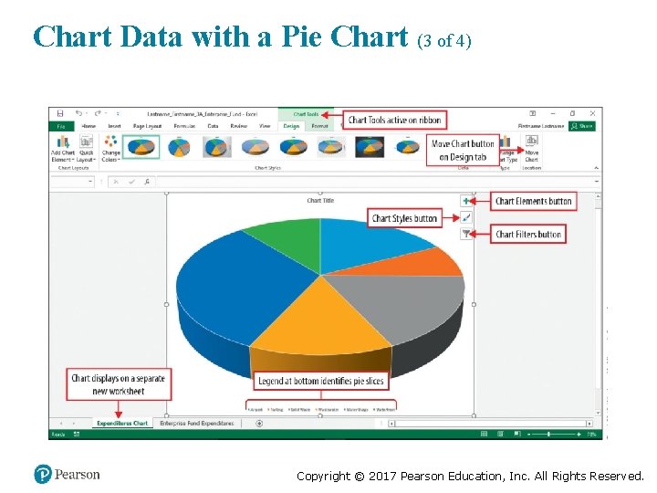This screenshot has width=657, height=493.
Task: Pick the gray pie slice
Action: [401, 301]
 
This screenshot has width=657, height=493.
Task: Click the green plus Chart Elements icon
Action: [466, 200]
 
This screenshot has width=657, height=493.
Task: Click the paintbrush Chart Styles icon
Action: [466, 217]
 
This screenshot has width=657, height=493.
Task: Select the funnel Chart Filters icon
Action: [466, 234]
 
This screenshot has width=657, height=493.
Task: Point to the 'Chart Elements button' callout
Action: [534, 201]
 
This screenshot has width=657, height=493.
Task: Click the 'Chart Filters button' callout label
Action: [528, 235]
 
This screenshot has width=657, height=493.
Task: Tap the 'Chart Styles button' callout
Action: [404, 218]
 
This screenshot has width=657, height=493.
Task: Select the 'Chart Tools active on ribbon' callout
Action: [394, 120]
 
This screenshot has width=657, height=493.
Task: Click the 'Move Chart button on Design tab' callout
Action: [463, 150]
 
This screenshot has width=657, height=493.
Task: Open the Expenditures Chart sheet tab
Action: [122, 424]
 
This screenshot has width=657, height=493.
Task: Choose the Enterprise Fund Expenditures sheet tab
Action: [196, 424]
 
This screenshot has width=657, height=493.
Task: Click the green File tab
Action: [60, 126]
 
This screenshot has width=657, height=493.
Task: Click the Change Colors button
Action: [110, 149]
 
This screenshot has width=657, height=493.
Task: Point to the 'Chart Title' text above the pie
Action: [320, 201]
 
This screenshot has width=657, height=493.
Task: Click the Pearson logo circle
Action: [43, 475]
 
